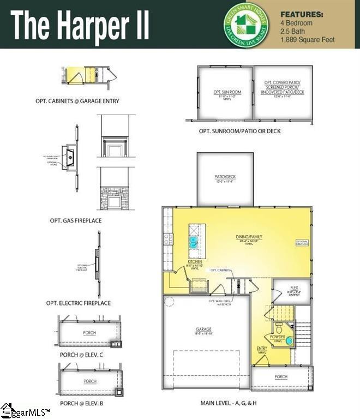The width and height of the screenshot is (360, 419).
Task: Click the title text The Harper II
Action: pyautogui.click(x=80, y=24)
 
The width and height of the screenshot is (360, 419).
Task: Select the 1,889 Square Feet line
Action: pyautogui.click(x=307, y=40)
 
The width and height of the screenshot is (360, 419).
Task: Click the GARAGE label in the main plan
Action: pyautogui.click(x=203, y=330)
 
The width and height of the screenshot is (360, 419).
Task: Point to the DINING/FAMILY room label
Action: pyautogui.click(x=249, y=237)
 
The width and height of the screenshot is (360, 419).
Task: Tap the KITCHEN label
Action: pyautogui.click(x=195, y=262)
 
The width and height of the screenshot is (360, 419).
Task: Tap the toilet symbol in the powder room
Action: pyautogui.click(x=278, y=328)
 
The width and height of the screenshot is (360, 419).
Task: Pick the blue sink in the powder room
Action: pyautogui.click(x=289, y=341)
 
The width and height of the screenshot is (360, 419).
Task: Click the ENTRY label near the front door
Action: pyautogui.click(x=262, y=349)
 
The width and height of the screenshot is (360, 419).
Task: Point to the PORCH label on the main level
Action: pyautogui.click(x=281, y=376)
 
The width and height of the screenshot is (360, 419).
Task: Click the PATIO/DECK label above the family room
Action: pyautogui.click(x=225, y=177)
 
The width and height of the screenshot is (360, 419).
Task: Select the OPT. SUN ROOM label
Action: pyautogui.click(x=227, y=92)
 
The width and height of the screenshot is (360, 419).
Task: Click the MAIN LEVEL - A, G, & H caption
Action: pyautogui.click(x=229, y=404)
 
